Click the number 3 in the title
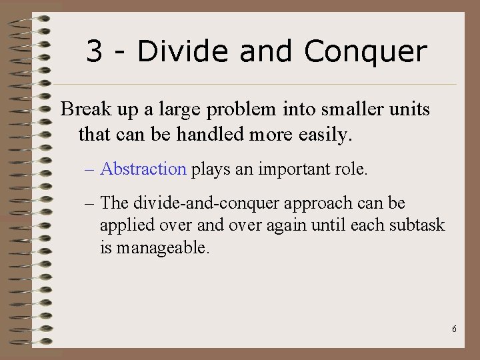[x=95, y=51]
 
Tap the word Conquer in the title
[x=365, y=52]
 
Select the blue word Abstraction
[x=143, y=169]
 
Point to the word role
[x=351, y=169]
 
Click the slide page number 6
[x=454, y=329]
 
